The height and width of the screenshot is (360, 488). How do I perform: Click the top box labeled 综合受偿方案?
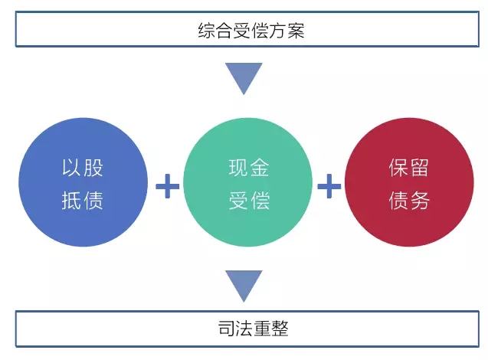[x=244, y=30]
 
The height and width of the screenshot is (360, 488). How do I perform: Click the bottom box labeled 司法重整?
[x=244, y=329]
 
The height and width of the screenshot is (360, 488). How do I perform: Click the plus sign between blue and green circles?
[x=167, y=185]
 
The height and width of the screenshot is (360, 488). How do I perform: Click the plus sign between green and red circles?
[x=329, y=185]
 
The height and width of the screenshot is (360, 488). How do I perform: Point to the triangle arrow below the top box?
[x=244, y=77]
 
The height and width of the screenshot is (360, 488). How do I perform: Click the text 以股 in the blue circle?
[x=82, y=169]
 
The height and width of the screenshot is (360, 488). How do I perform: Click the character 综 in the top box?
[x=205, y=31]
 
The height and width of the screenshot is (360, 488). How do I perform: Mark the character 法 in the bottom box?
[x=236, y=329]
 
